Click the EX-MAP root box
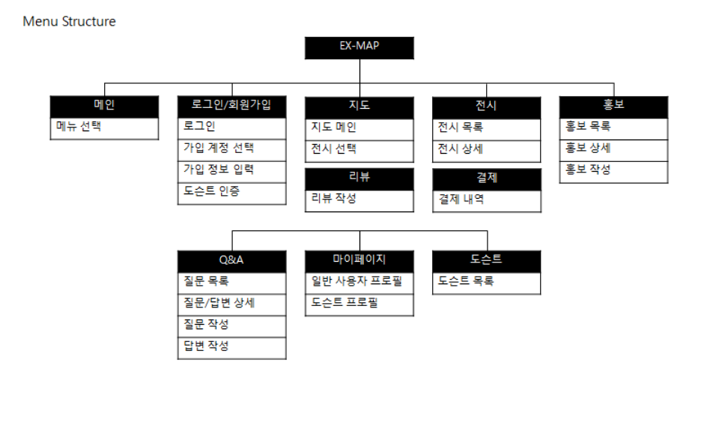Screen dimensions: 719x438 tap(359, 47)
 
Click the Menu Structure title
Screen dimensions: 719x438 tap(69, 21)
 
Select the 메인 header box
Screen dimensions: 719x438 tap(104, 106)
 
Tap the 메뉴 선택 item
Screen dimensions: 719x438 tap(104, 127)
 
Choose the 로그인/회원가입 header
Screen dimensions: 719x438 tap(232, 106)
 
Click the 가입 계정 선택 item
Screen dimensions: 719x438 tap(232, 148)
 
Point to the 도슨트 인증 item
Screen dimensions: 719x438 tap(232, 192)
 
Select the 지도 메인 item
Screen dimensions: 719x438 tap(359, 127)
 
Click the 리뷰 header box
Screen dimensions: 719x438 tap(359, 178)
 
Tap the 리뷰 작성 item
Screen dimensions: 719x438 tap(359, 199)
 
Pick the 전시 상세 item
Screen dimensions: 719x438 tap(487, 148)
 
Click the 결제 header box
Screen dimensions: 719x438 tap(487, 178)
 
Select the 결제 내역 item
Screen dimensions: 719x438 tap(487, 200)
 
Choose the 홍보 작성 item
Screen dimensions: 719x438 tap(614, 170)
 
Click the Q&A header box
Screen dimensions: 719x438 tap(232, 261)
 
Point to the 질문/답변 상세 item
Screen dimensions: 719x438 tap(232, 304)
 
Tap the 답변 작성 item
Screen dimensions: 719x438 tap(232, 347)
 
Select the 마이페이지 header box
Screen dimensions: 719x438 tap(359, 261)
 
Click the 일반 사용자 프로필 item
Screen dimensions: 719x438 tap(359, 283)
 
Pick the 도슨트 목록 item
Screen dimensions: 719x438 tap(487, 283)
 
